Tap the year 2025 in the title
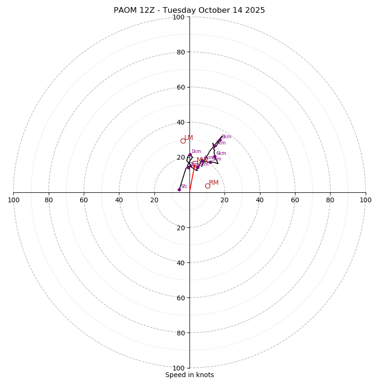[x=254, y=10]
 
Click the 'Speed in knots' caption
[x=189, y=375]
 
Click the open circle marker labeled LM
[x=183, y=141]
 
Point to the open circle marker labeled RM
[x=208, y=186]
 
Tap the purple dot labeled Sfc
[x=179, y=189]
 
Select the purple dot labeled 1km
[x=190, y=155]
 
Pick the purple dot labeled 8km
[x=220, y=140]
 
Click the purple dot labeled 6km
[x=215, y=156]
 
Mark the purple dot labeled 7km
[x=214, y=146]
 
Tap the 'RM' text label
[x=214, y=183]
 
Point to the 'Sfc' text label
[x=184, y=187]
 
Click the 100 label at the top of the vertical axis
[x=178, y=17]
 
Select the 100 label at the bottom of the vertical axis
[x=178, y=368]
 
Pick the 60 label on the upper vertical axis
[x=180, y=87]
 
